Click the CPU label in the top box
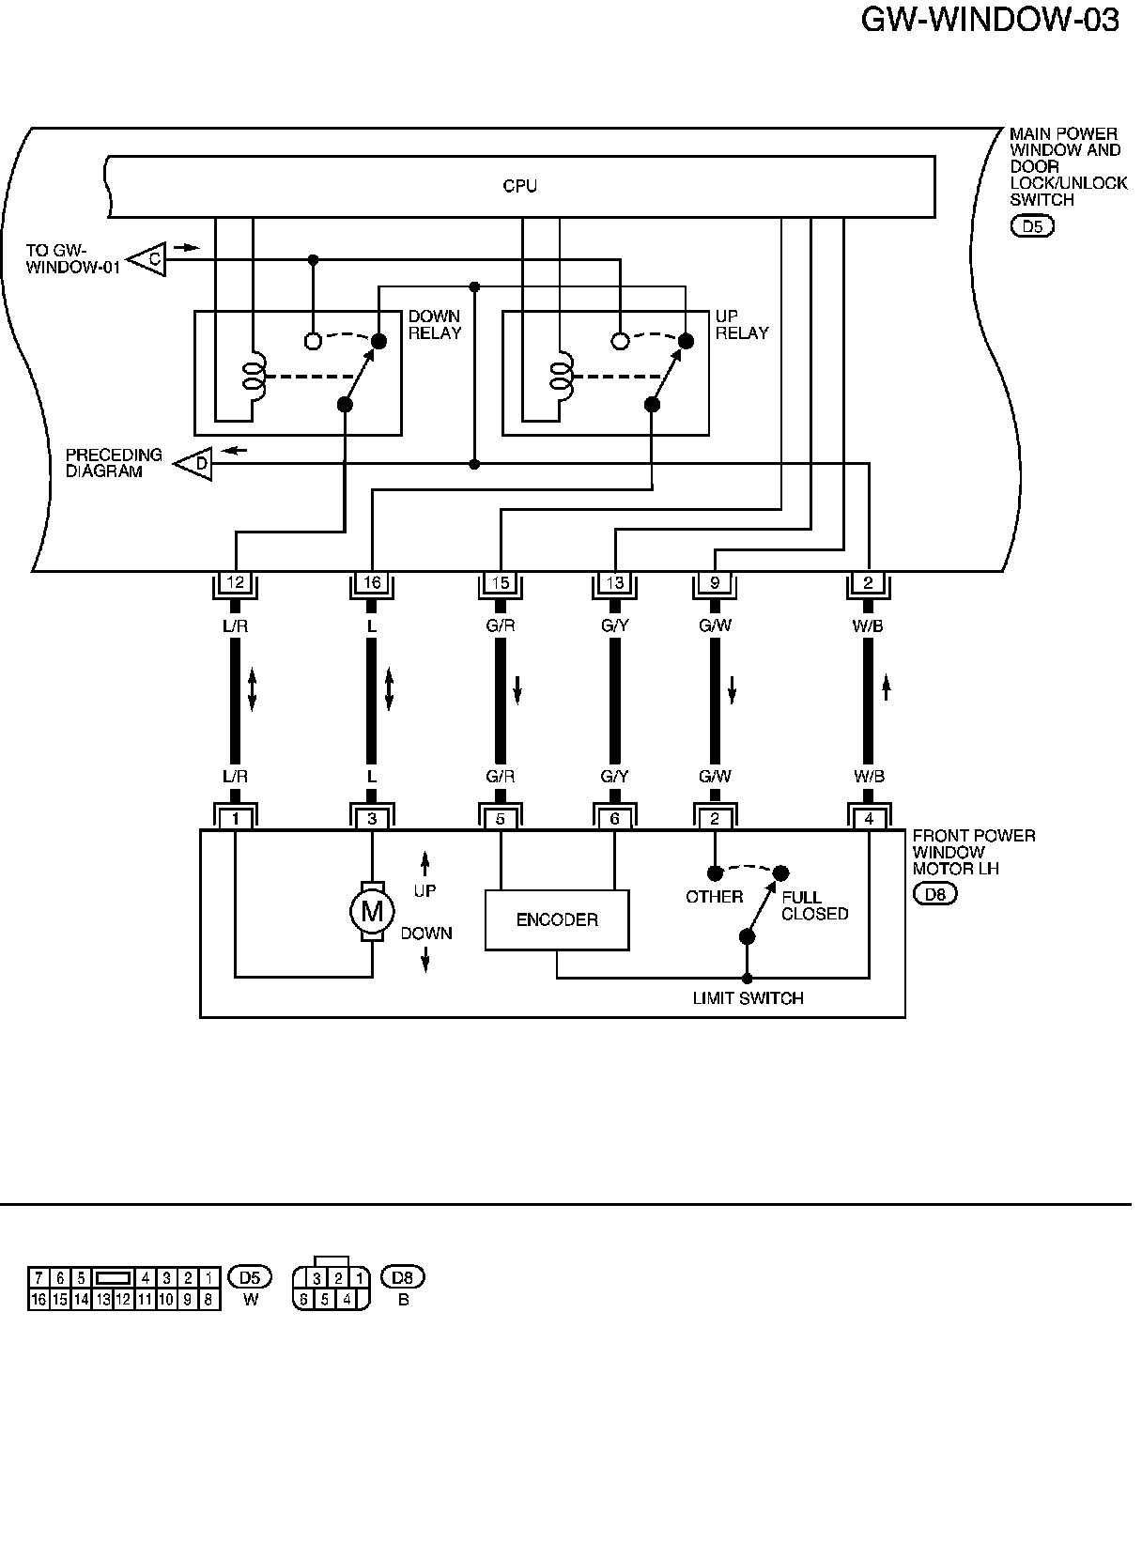point(519,186)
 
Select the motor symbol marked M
point(372,910)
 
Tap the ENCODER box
point(557,919)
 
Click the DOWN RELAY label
point(435,325)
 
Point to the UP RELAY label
point(742,325)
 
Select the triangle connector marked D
point(196,462)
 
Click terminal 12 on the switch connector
point(236,583)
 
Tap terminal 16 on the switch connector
point(372,583)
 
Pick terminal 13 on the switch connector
point(615,583)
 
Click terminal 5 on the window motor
point(501,819)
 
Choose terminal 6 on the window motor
point(615,819)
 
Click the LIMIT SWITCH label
point(748,998)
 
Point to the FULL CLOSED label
point(814,905)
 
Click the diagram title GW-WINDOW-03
point(990,21)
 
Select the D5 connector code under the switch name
point(1032,225)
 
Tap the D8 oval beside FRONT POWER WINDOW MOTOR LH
point(934,894)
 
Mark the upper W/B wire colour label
point(868,625)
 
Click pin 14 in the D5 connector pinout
point(81,1301)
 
